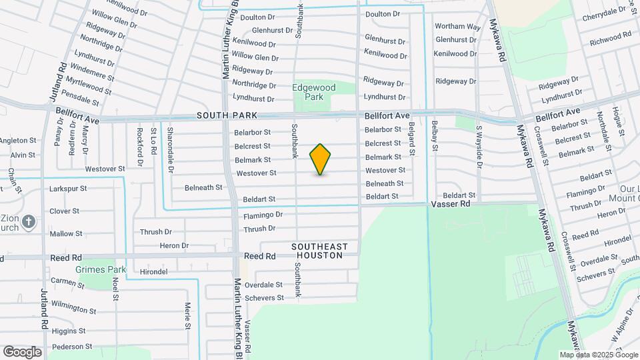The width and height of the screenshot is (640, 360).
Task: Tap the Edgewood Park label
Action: [x=309, y=92]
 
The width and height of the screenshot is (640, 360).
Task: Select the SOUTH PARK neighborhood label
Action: [x=223, y=116]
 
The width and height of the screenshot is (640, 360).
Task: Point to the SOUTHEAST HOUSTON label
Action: [x=319, y=251]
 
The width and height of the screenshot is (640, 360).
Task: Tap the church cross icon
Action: [x=29, y=222]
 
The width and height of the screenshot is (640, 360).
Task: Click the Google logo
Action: [x=22, y=352]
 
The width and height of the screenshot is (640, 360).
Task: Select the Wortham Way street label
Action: [x=457, y=27]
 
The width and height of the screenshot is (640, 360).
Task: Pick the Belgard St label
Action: [x=412, y=139]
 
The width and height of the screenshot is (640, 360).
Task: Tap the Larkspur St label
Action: [x=68, y=189]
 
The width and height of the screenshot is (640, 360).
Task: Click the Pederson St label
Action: [x=71, y=347]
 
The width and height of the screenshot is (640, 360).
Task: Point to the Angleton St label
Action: [x=18, y=140]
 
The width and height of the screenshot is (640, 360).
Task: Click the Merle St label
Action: [x=187, y=316]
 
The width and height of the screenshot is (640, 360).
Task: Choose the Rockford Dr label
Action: [x=140, y=147]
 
